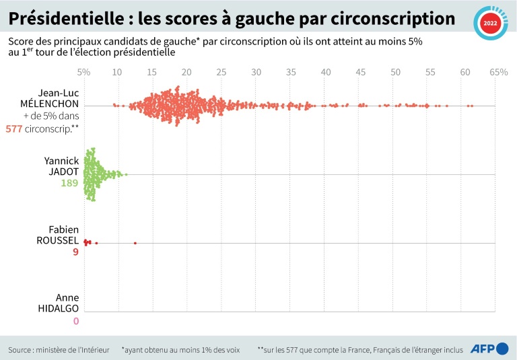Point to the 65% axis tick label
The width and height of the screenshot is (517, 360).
coord(498,71)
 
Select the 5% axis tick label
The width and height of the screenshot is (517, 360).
coord(83,71)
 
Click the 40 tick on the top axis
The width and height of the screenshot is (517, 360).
coord(326,71)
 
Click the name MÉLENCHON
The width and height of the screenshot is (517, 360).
coord(49,105)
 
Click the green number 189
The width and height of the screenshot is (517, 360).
coord(70,183)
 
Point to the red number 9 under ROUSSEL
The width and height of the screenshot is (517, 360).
coord(75,253)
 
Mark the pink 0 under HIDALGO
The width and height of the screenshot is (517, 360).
coord(75,320)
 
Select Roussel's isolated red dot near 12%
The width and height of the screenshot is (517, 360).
coord(135,243)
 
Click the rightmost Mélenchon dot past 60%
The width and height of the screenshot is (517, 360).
coord(472,106)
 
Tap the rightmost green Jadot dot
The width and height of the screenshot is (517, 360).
coord(126,175)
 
